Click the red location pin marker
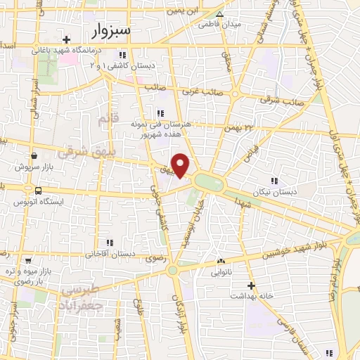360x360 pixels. (x=181, y=165)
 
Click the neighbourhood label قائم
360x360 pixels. (x=104, y=120)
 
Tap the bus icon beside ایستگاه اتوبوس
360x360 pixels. (x=37, y=191)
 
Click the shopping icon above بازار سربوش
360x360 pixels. (x=33, y=156)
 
